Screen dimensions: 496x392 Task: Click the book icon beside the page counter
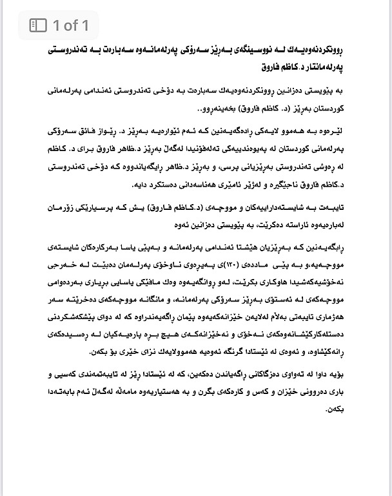click(x=39, y=25)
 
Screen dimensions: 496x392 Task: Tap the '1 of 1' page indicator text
click(x=71, y=25)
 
